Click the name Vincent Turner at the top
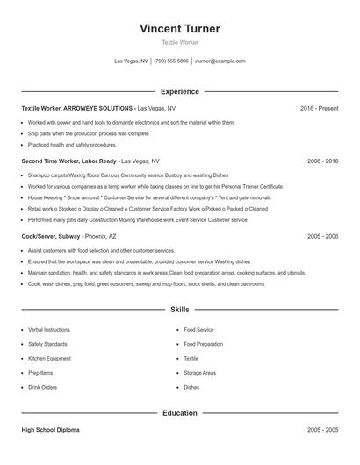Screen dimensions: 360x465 (179, 29)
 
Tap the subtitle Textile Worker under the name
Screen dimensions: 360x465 (179, 42)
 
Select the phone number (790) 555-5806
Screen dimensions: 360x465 (171, 61)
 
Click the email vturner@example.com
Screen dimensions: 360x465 (220, 61)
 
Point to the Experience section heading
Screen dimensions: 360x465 (179, 91)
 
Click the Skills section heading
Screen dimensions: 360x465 (179, 310)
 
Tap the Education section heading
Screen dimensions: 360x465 (179, 412)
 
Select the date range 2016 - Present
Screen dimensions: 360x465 (319, 108)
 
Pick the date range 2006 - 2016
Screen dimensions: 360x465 (322, 162)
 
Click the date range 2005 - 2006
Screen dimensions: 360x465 (322, 237)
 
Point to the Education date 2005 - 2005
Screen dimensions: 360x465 (322, 431)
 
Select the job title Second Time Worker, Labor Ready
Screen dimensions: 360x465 (68, 162)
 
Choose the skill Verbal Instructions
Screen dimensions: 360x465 (48, 330)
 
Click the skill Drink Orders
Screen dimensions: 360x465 (43, 387)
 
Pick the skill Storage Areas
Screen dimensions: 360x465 (199, 373)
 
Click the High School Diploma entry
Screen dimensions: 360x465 (52, 431)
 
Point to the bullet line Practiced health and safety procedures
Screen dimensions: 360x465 (72, 145)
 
